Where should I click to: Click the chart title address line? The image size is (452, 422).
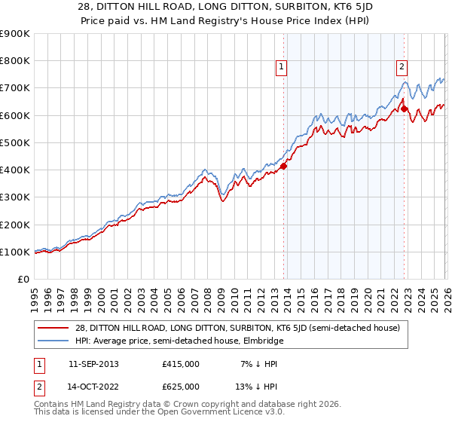pos(226,7)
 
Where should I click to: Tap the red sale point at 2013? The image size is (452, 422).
pos(284,166)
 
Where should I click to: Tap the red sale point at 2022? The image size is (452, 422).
pos(405,109)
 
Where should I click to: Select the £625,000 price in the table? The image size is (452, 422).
pos(181,387)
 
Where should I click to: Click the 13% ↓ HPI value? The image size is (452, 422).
pos(255,387)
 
